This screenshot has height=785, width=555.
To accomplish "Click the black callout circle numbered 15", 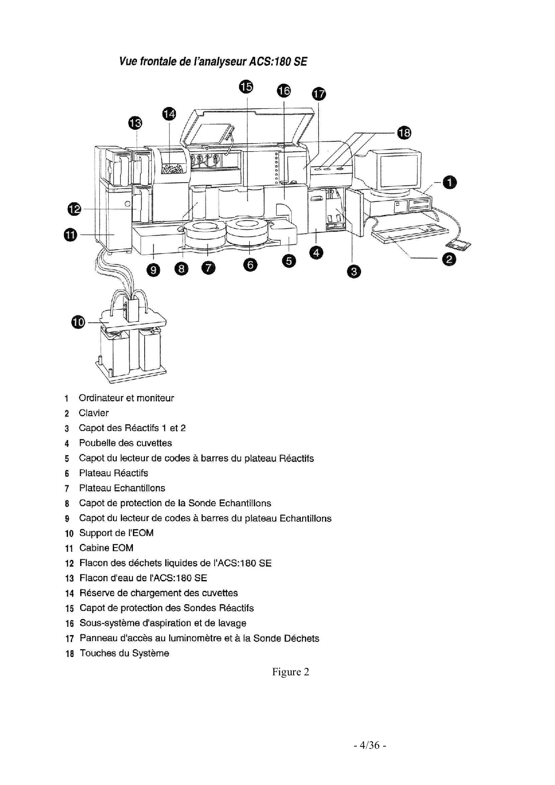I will click(246, 86).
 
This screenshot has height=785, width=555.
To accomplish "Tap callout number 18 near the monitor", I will click(404, 133).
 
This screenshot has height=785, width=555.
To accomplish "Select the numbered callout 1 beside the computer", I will click(449, 183).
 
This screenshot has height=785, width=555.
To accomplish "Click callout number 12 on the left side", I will click(75, 209).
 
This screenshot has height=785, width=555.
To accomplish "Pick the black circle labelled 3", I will click(354, 271).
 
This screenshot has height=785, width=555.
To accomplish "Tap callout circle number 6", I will click(251, 265).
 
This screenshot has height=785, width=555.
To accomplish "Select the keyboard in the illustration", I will click(410, 232).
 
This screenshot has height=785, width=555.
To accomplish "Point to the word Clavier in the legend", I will click(94, 413).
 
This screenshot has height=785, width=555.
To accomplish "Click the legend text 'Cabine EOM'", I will click(106, 548).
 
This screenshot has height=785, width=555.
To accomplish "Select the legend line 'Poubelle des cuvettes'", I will click(125, 443).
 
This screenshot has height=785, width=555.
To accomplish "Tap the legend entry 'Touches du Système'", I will click(124, 653).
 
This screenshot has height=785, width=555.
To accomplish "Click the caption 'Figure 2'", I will click(290, 672).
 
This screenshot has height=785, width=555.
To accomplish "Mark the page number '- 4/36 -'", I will click(369, 745).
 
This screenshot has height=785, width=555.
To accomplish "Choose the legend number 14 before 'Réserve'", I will click(69, 593).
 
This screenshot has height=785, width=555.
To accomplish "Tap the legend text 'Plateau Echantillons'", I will click(122, 488).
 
